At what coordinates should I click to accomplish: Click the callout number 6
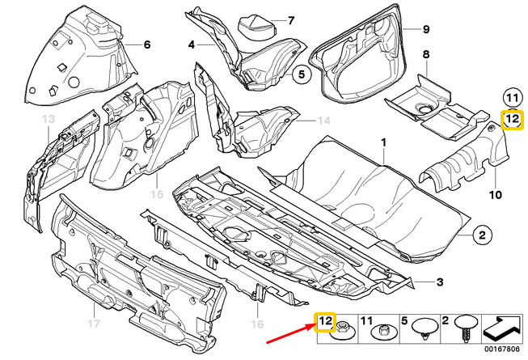click(x=147, y=44)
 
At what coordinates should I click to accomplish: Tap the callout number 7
click(x=291, y=20)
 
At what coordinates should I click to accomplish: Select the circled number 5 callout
click(x=298, y=75)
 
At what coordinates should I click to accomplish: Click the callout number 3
click(x=440, y=281)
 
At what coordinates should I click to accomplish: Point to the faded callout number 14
click(x=324, y=121)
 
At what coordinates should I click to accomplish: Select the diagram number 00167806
click(x=505, y=349)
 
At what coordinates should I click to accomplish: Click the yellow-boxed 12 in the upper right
click(x=511, y=121)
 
